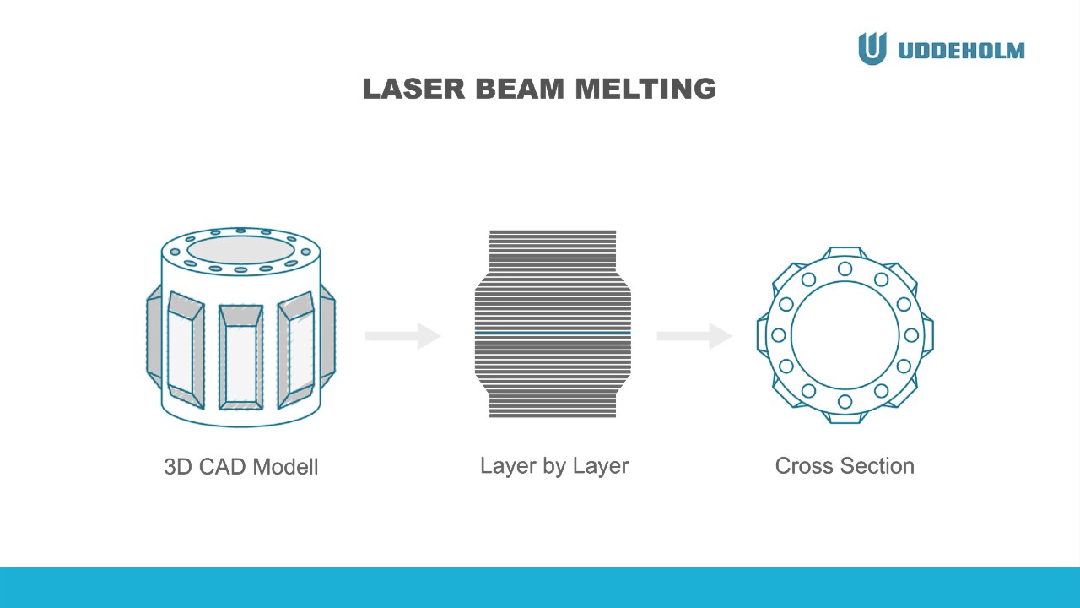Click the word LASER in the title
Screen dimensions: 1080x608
(413, 89)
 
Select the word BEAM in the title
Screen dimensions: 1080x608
(520, 89)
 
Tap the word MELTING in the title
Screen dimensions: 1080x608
(645, 89)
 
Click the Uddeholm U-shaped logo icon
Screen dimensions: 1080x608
(872, 48)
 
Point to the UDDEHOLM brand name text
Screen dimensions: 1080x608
(962, 51)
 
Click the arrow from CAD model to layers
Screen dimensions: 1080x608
(403, 336)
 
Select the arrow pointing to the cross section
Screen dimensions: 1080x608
(694, 336)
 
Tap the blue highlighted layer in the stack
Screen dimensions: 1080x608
(553, 333)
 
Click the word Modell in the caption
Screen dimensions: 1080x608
(285, 467)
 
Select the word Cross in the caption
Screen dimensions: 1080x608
(804, 466)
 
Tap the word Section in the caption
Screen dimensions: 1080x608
(877, 466)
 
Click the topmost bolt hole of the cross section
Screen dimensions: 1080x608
(845, 269)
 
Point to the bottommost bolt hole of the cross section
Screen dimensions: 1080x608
(845, 401)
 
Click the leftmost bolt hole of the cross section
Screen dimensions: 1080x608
(779, 335)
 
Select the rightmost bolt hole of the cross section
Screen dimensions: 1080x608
(911, 335)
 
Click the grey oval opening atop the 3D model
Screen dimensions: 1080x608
(240, 250)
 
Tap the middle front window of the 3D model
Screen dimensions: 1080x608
(240, 357)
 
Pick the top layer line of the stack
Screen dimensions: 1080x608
(553, 232)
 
